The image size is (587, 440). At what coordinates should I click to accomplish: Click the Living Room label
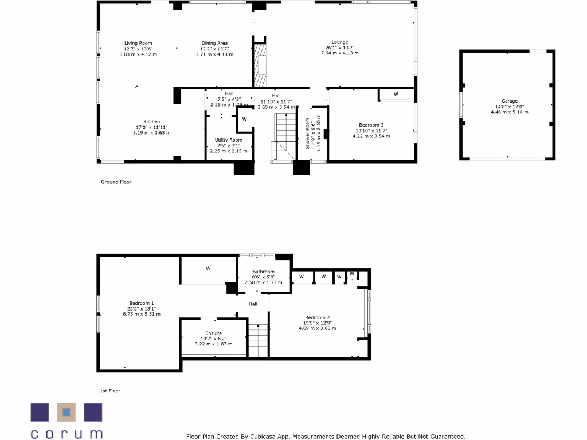[138, 43]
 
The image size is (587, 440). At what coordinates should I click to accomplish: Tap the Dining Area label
[214, 43]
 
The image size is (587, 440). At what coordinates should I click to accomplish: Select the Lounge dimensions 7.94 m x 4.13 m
[339, 53]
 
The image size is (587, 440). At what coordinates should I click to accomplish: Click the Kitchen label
[152, 121]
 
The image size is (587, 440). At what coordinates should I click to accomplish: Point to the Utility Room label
[229, 140]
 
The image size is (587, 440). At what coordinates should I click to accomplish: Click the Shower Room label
[307, 133]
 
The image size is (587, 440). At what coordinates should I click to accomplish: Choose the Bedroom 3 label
[371, 125]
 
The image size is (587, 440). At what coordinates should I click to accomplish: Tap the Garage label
[510, 101]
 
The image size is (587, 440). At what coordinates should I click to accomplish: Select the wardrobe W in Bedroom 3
[396, 94]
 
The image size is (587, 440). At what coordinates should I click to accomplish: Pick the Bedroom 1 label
[141, 303]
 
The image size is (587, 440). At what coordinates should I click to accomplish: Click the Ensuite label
[214, 333]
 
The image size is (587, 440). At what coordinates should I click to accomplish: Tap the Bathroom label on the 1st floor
[264, 272]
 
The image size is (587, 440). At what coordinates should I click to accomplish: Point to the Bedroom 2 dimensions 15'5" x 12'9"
[317, 323]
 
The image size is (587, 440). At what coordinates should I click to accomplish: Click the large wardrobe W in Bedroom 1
[208, 268]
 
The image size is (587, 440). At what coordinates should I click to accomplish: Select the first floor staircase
[258, 340]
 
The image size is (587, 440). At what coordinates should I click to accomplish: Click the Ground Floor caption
[116, 182]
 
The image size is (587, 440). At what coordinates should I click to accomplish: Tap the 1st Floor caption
[110, 391]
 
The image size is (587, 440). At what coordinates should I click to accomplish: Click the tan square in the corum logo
[66, 412]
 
